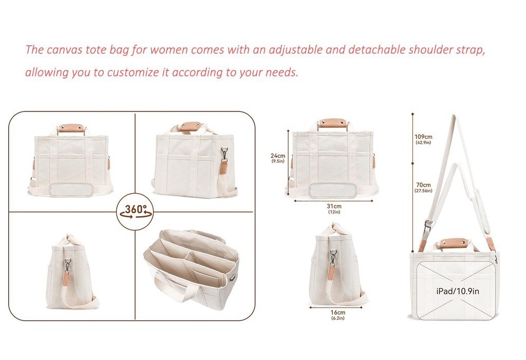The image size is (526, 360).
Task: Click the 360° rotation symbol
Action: click(x=135, y=211)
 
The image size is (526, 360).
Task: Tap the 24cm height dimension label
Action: click(x=277, y=156)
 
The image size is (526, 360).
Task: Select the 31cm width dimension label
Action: click(x=334, y=206)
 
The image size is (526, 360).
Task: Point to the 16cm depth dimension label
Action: click(x=337, y=313)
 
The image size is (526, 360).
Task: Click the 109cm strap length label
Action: click(x=423, y=137)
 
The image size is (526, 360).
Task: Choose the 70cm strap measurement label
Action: click(x=423, y=185)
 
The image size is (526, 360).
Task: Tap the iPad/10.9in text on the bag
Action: click(x=458, y=291)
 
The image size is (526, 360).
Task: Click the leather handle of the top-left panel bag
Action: click(x=71, y=127)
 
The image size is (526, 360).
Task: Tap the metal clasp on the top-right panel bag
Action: click(x=224, y=153)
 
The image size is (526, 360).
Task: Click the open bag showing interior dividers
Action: click(x=192, y=268)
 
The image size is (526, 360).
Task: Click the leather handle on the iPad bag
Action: click(x=453, y=243)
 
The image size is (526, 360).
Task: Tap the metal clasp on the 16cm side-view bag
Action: click(x=333, y=255)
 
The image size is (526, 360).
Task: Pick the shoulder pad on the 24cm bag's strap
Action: click(x=332, y=191)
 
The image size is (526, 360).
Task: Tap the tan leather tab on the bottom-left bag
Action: click(x=66, y=278)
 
